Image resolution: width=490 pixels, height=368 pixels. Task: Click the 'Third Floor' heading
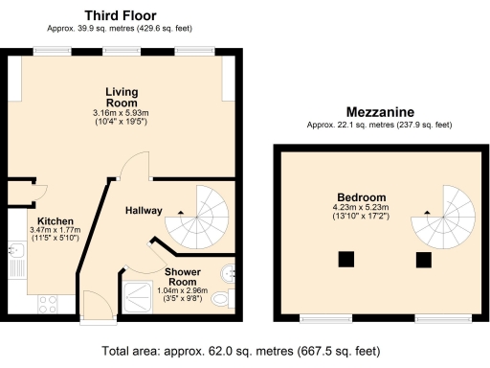point(121,15)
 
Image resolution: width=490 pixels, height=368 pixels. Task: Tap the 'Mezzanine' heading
point(367,111)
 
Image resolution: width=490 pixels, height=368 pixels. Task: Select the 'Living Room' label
point(122,97)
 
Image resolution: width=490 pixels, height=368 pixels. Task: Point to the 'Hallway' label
point(144,211)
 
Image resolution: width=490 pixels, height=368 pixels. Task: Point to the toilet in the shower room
point(220,300)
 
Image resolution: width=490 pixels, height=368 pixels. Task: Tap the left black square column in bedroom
point(345,258)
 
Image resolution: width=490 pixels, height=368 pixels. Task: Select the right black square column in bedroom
point(422,258)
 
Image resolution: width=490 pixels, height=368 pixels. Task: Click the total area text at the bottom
point(244,352)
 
